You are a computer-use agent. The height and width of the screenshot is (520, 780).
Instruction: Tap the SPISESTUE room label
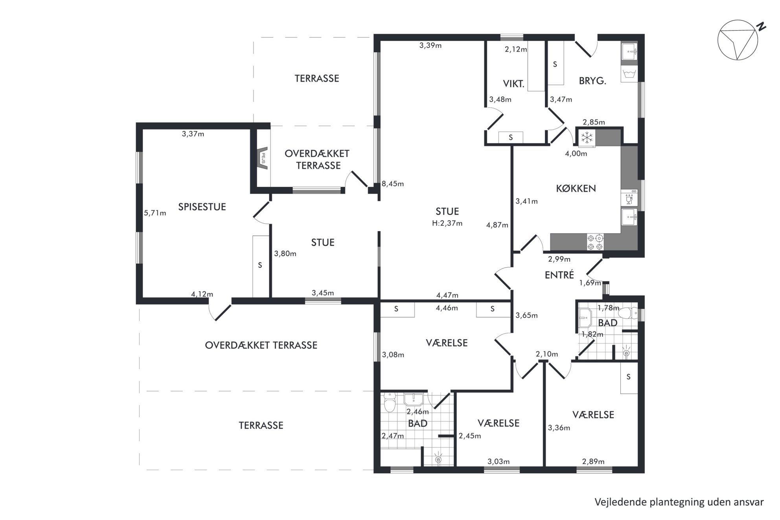[x=202, y=207]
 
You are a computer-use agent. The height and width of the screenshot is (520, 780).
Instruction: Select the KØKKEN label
[x=576, y=188]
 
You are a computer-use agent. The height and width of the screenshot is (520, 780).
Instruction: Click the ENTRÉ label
[x=559, y=274]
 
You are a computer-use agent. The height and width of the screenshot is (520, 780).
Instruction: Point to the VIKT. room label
[x=514, y=83]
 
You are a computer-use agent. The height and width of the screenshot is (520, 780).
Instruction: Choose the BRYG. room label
[x=592, y=81]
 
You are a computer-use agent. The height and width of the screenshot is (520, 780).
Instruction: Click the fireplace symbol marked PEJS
[x=263, y=158]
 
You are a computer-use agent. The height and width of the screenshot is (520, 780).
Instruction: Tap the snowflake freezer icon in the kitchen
[x=587, y=138]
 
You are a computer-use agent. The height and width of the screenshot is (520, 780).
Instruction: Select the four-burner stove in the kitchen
[x=595, y=242]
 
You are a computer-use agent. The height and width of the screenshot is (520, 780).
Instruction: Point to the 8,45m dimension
[x=393, y=184]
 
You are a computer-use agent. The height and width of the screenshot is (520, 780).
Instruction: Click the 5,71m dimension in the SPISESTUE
[x=155, y=213]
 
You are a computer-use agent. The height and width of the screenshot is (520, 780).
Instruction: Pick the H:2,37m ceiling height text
[x=447, y=223]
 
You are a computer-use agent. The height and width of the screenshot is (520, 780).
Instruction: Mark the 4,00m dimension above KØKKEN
[x=576, y=153]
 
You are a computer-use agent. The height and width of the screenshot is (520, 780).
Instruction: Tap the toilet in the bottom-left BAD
[x=389, y=403]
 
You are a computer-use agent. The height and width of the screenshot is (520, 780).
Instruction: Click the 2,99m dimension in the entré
[x=559, y=259]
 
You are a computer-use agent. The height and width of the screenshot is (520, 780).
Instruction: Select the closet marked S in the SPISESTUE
[x=260, y=266]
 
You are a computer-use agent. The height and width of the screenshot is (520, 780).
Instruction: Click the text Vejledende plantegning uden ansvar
[x=679, y=502]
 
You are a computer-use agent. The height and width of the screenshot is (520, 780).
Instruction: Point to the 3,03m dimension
[x=499, y=461]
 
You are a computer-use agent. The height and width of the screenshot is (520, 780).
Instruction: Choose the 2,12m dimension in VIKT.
[x=516, y=49]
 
